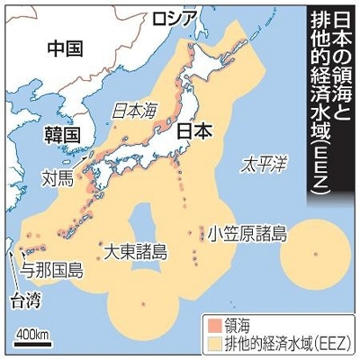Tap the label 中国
coord(66,48)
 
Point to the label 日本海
coord(133,111)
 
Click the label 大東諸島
coord(134,249)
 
